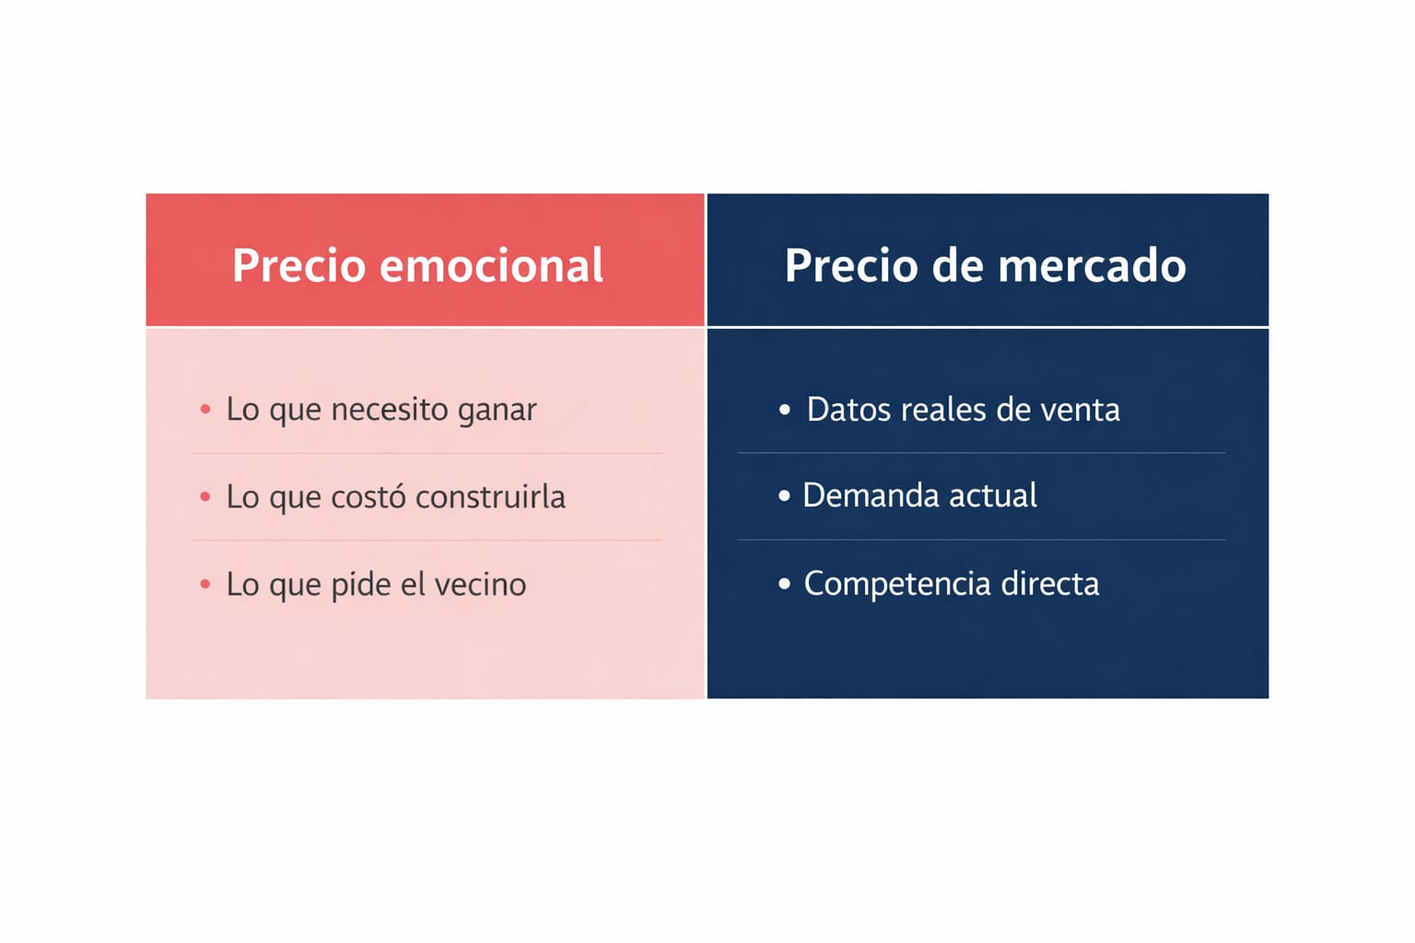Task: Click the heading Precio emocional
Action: click(417, 265)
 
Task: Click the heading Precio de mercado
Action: click(986, 265)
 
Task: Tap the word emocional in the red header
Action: click(491, 265)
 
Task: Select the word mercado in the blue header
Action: click(1093, 265)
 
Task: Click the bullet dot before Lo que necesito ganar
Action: click(205, 409)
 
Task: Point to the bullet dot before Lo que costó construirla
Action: click(205, 497)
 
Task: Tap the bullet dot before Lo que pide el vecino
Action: click(205, 584)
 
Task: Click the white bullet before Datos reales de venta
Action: click(785, 409)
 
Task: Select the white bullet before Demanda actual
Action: click(785, 495)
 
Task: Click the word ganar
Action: click(497, 411)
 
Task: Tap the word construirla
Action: click(490, 496)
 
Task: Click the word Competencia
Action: click(897, 584)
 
